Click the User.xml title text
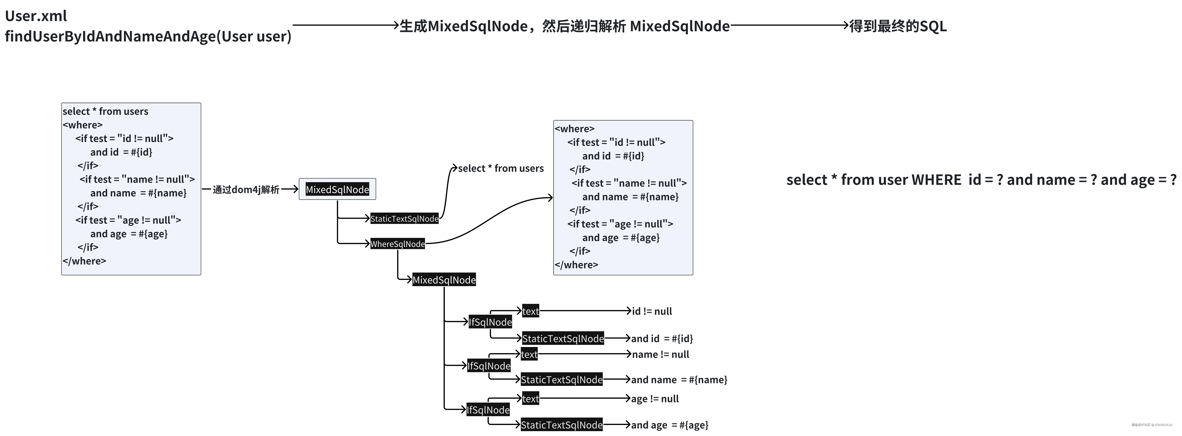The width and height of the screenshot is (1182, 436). [36, 16]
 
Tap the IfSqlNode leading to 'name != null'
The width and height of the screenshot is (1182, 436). [489, 366]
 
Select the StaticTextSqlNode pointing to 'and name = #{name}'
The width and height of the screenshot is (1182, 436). [562, 380]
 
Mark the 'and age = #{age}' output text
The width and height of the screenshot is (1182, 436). [669, 425]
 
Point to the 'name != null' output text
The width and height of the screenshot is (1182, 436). [660, 354]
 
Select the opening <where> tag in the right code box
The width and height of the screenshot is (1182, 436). [574, 129]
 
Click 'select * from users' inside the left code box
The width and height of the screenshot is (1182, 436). [106, 111]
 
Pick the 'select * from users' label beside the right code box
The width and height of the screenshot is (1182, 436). [501, 168]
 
